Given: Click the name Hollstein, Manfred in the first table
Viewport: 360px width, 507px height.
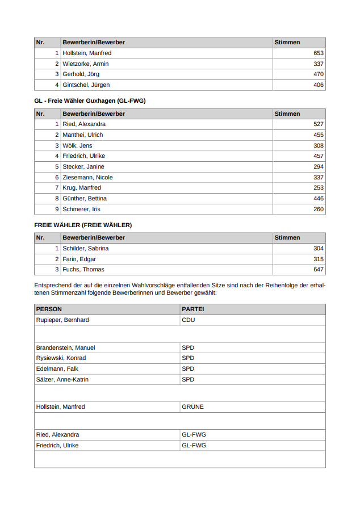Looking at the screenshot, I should click(87, 53).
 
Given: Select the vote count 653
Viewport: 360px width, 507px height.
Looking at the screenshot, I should click(318, 53).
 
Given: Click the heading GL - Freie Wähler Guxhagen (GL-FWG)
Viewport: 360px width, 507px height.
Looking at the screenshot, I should click(90, 101).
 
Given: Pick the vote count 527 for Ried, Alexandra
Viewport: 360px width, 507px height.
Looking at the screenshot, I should click(318, 124).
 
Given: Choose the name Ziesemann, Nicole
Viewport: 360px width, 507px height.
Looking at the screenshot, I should click(87, 177).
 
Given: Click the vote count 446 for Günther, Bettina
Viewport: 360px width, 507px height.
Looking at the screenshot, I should click(318, 199).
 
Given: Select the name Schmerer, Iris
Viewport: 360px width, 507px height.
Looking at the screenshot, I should click(82, 209).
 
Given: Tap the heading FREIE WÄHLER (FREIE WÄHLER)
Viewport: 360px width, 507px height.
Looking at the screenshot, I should click(83, 225).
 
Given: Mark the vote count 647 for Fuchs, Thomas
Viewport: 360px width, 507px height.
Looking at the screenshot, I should click(318, 270).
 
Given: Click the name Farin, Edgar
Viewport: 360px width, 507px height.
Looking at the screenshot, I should click(79, 259).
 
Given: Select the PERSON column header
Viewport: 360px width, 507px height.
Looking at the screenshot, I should click(49, 309).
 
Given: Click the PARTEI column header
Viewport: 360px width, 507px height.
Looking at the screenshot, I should click(192, 309).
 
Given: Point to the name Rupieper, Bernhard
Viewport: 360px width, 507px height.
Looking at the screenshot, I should click(62, 320).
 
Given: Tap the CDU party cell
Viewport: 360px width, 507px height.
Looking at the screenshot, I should click(188, 320).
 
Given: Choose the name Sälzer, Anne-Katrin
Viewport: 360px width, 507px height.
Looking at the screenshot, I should click(62, 379).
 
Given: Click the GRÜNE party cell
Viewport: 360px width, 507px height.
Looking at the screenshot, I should click(192, 407).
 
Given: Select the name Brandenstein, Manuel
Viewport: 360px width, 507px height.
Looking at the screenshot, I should click(65, 347).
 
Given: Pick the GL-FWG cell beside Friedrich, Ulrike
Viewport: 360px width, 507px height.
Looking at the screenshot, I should click(194, 446).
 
